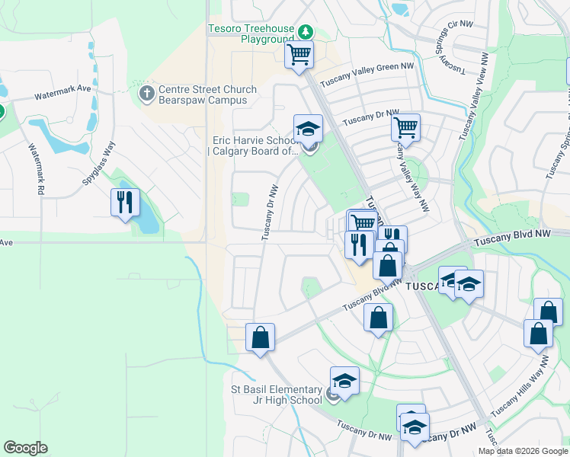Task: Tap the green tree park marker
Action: [x=305, y=32]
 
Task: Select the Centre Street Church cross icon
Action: [x=146, y=94]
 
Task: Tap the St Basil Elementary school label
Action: [x=277, y=395]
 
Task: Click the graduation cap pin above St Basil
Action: [x=344, y=380]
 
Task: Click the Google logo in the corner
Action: [x=25, y=448]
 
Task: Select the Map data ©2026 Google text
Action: [x=523, y=451]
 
